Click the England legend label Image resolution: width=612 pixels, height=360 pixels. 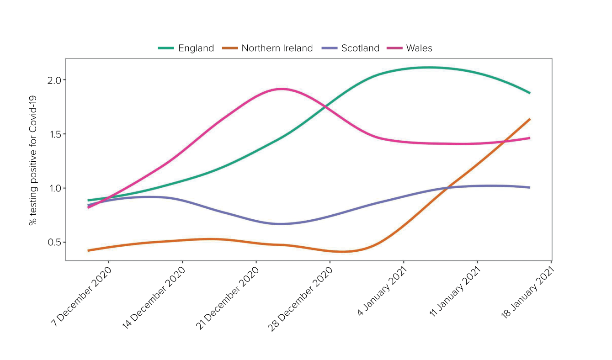click(196, 48)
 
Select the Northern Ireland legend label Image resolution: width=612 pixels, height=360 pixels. click(277, 48)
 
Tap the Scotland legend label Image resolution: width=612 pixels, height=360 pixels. click(360, 48)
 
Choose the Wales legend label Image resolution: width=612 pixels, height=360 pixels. click(419, 48)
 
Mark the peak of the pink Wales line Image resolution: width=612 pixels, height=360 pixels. click(281, 89)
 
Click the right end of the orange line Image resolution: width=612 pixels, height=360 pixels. click(529, 119)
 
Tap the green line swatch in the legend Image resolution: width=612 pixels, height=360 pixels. click(166, 48)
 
